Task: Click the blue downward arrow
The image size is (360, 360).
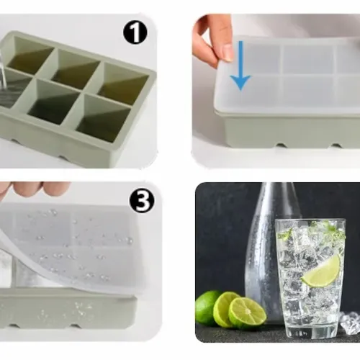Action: tap(240, 65)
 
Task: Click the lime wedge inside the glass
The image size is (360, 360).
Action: tap(321, 271)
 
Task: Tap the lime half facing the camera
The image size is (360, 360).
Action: tap(248, 312)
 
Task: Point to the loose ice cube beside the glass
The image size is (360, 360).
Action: tap(351, 323)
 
